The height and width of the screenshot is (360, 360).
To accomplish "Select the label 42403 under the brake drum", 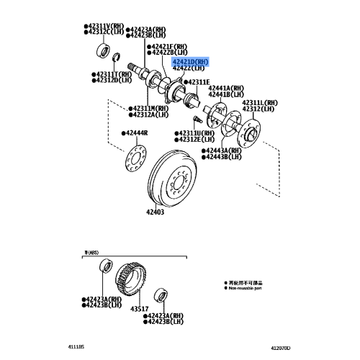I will point(156,212).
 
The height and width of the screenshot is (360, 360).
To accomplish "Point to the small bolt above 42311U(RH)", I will point(195,120).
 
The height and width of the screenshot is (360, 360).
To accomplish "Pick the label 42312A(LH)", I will point(149,114).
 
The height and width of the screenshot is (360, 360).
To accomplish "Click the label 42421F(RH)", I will point(168,45).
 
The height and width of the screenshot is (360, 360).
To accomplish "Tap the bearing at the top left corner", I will point(100,50).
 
